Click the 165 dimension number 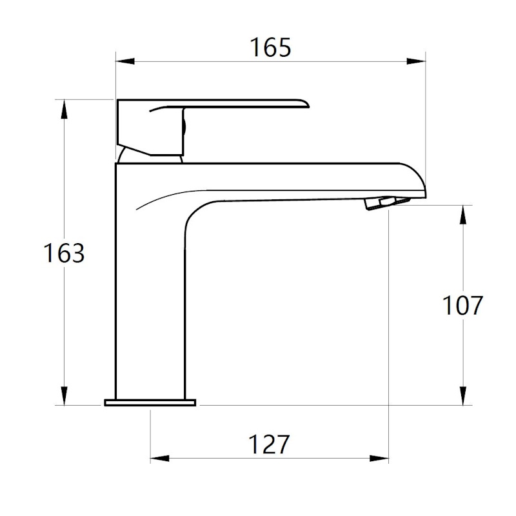click(270, 48)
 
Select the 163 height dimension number click(64, 253)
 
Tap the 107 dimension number click(462, 305)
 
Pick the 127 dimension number click(269, 444)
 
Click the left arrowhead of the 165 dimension click(125, 61)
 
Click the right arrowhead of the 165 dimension click(416, 61)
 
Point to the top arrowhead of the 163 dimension click(64, 109)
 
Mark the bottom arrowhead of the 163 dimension click(64, 395)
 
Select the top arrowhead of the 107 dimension click(462, 215)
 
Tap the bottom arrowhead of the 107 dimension click(462, 395)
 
